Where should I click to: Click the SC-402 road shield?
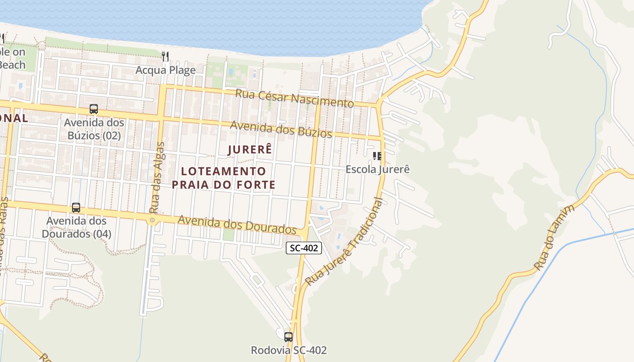[303, 248]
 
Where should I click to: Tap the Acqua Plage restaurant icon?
[165, 57]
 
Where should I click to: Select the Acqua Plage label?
[166, 70]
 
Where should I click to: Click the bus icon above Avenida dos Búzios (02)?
[94, 109]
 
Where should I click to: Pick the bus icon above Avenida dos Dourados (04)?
[76, 208]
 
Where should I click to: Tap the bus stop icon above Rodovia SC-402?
[288, 337]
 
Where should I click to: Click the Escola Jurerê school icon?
[377, 156]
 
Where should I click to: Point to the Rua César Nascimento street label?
[294, 98]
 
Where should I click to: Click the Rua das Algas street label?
[157, 177]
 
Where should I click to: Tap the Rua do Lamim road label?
[554, 238]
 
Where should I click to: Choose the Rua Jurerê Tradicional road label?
[344, 243]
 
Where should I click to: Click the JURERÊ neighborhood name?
[250, 150]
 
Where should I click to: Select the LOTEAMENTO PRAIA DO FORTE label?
[223, 178]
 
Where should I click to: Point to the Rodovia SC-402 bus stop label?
[289, 350]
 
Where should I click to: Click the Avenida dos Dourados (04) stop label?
[76, 227]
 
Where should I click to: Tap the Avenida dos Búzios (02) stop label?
[94, 129]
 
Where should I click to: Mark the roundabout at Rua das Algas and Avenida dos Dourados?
[152, 220]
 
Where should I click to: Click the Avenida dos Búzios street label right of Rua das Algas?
[281, 129]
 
